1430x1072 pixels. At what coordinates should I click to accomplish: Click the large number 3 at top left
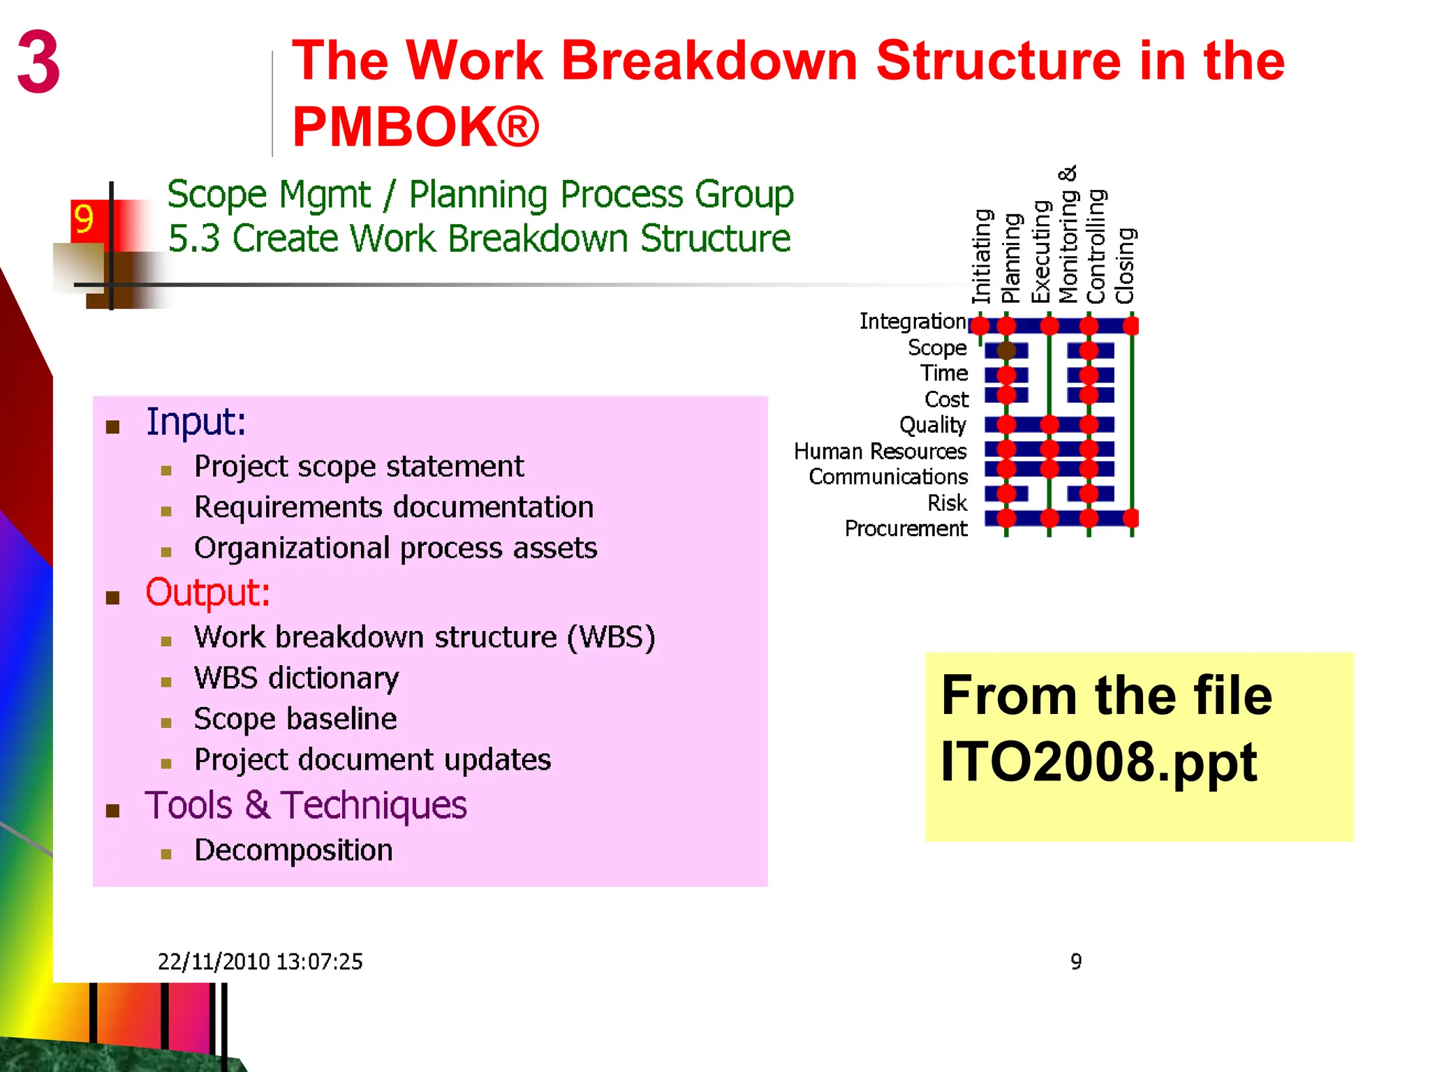[x=38, y=62]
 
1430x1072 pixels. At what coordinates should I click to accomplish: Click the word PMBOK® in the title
[x=415, y=126]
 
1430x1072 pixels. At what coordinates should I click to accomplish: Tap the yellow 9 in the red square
[x=84, y=220]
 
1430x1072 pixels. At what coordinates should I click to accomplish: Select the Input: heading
[x=196, y=422]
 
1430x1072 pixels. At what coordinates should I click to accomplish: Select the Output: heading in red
[x=207, y=593]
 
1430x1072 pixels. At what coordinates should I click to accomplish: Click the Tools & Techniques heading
[x=305, y=805]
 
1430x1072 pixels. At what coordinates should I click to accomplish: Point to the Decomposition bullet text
[x=293, y=850]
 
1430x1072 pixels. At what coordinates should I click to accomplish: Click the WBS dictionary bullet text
[x=296, y=678]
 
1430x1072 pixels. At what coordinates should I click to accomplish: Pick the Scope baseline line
[x=295, y=719]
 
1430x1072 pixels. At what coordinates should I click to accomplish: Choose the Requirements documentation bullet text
[x=394, y=507]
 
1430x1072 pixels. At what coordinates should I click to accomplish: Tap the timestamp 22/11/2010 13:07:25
[x=260, y=962]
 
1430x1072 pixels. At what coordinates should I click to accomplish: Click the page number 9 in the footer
[x=1076, y=962]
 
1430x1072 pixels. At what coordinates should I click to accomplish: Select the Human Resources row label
[x=880, y=452]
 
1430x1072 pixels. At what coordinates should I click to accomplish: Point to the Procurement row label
[x=906, y=529]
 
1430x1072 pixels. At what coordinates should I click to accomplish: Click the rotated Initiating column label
[x=982, y=256]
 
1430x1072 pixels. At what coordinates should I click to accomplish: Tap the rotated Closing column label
[x=1124, y=266]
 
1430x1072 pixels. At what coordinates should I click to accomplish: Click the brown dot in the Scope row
[x=1006, y=350]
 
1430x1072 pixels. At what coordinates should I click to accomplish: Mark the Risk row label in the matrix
[x=947, y=503]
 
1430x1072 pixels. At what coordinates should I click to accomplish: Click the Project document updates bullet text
[x=372, y=760]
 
